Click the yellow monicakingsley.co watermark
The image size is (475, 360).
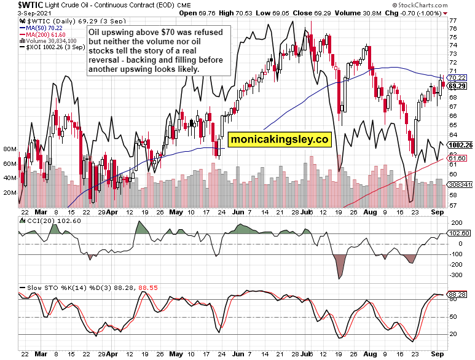279,139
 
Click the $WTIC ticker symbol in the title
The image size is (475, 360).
15,4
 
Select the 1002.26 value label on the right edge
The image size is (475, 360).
461,145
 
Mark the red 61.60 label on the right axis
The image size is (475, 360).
455,158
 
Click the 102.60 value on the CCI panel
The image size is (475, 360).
460,233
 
